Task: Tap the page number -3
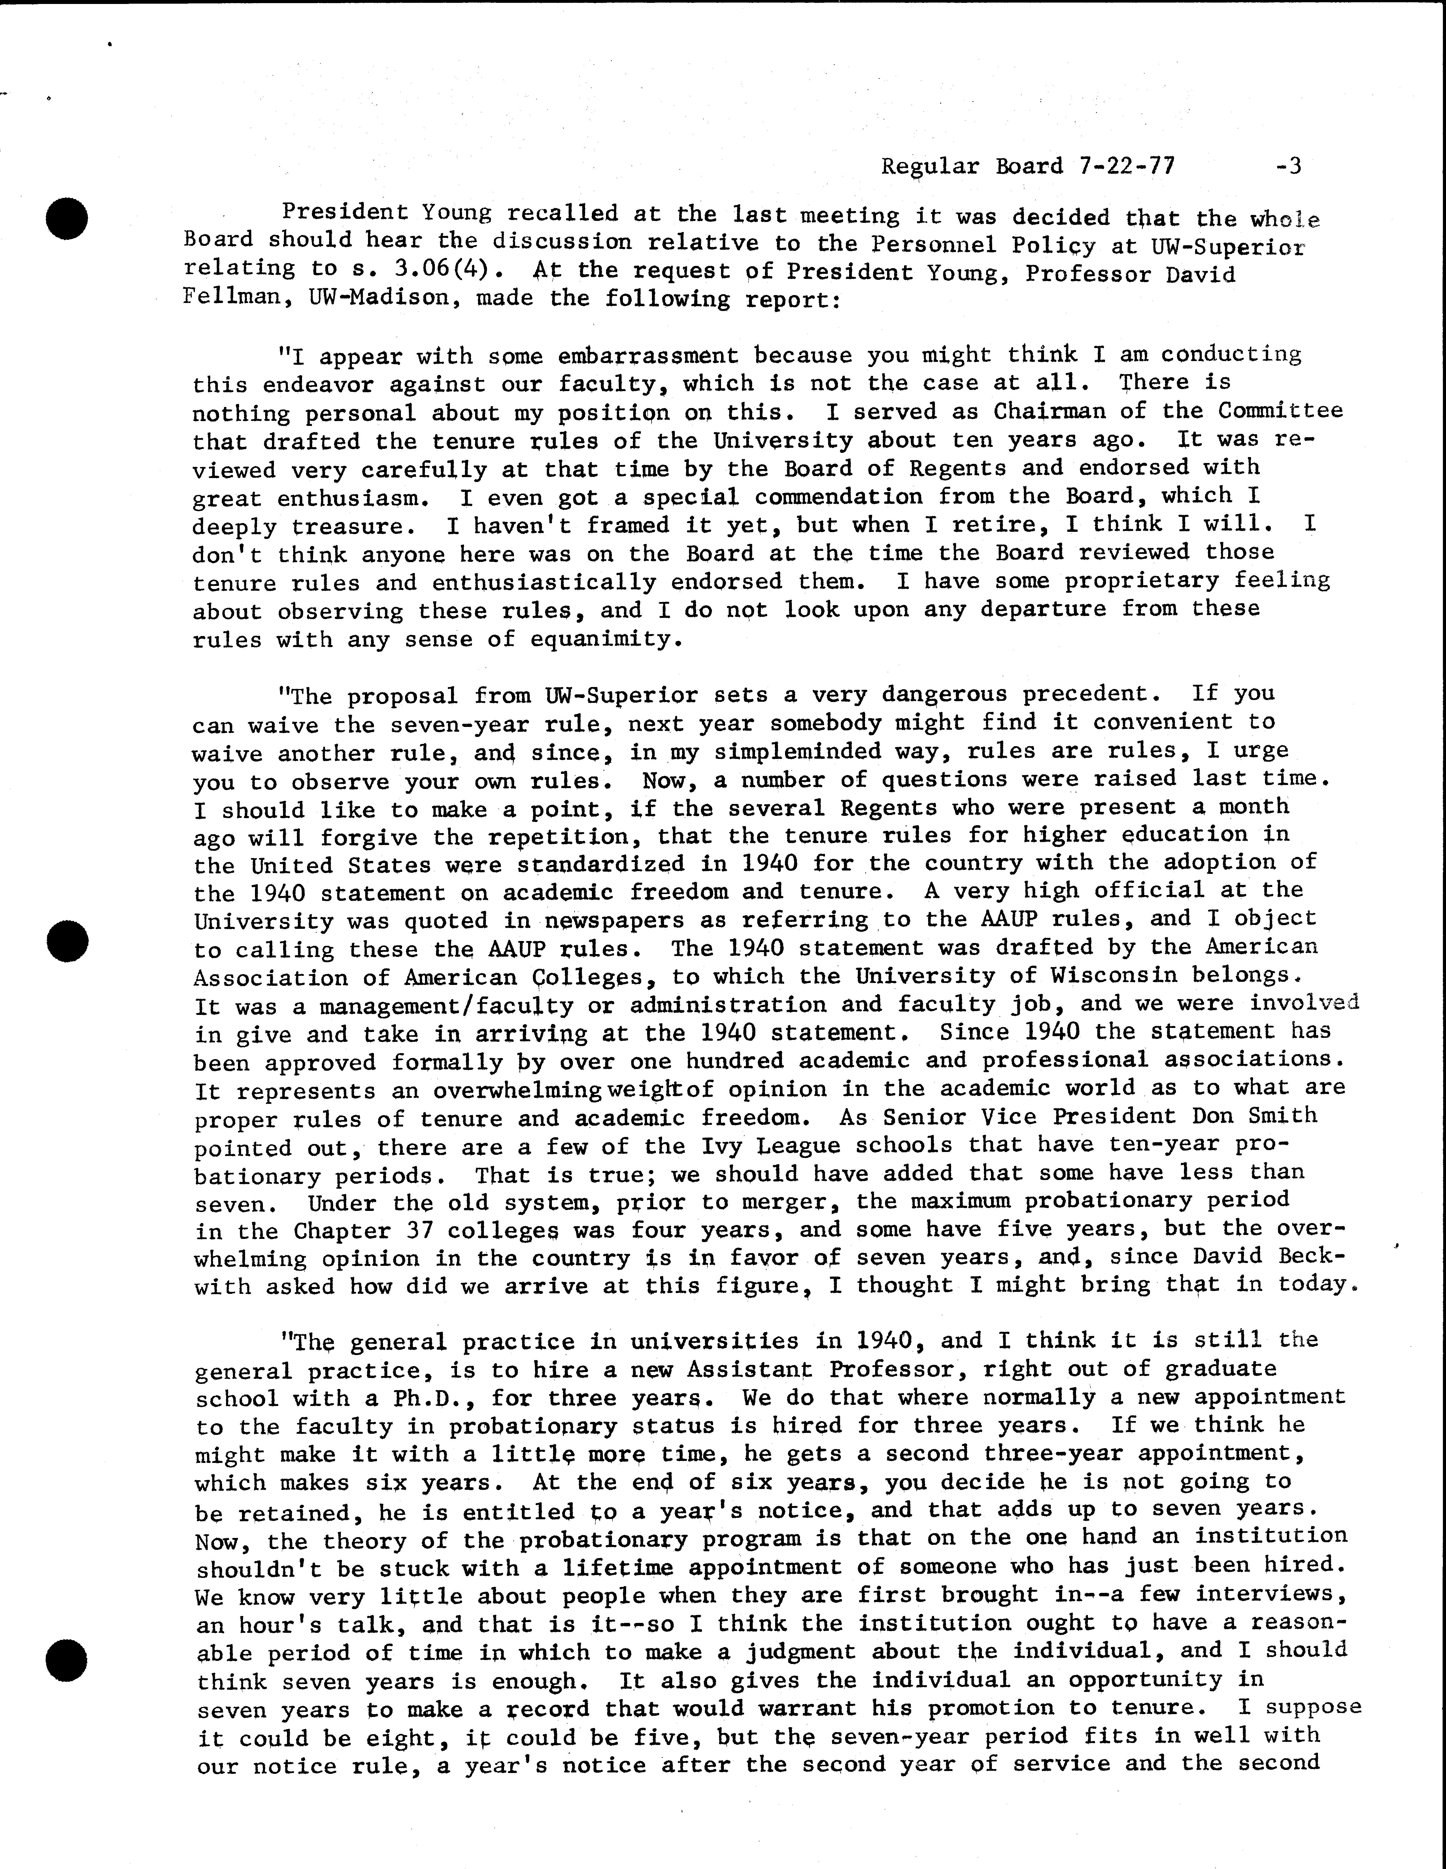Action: point(1287,165)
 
